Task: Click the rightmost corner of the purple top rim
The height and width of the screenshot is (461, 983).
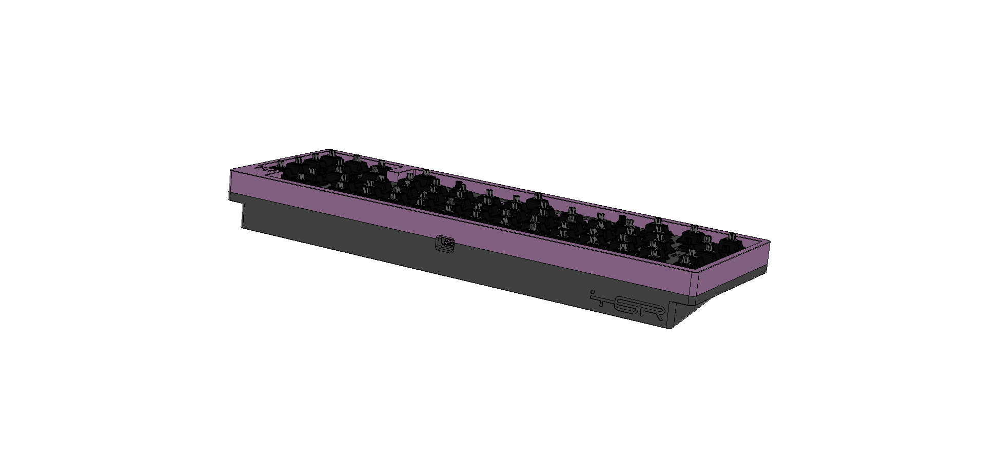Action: tap(771, 239)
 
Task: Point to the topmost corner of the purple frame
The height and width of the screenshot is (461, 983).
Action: tap(328, 150)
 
